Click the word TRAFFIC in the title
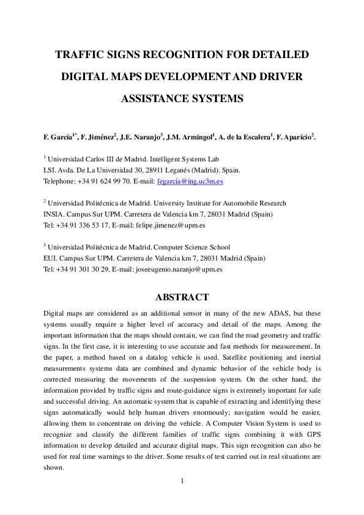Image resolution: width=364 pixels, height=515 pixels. [78, 55]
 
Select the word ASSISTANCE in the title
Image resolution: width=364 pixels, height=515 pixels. [152, 98]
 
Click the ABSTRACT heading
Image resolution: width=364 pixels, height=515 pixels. [182, 297]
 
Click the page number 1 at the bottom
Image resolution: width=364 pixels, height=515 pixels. [182, 480]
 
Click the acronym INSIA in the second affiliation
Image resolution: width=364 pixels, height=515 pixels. [53, 214]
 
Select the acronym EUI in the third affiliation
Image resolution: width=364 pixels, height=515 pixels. [49, 257]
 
